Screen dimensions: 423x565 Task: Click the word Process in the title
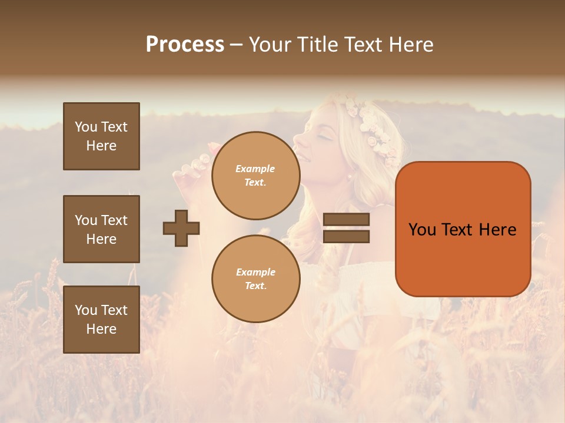pyautogui.click(x=185, y=45)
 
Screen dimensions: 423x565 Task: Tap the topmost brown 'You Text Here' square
pyautogui.click(x=101, y=136)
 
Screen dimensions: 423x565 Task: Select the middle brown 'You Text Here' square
pyautogui.click(x=101, y=229)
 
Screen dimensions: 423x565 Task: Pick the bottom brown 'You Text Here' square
pyautogui.click(x=101, y=320)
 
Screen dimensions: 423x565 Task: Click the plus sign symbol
pyautogui.click(x=181, y=228)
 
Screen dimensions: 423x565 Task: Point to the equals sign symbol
pyautogui.click(x=347, y=228)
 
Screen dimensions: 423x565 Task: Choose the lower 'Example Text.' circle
pyautogui.click(x=255, y=278)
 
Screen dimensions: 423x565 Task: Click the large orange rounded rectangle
pyautogui.click(x=463, y=229)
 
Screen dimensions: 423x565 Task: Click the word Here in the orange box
pyautogui.click(x=497, y=230)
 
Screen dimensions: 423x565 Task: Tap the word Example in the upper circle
pyautogui.click(x=255, y=169)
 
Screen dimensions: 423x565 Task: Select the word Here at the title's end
pyautogui.click(x=410, y=45)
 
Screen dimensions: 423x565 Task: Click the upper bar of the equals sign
pyautogui.click(x=347, y=220)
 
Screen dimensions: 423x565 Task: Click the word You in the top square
pyautogui.click(x=86, y=127)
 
